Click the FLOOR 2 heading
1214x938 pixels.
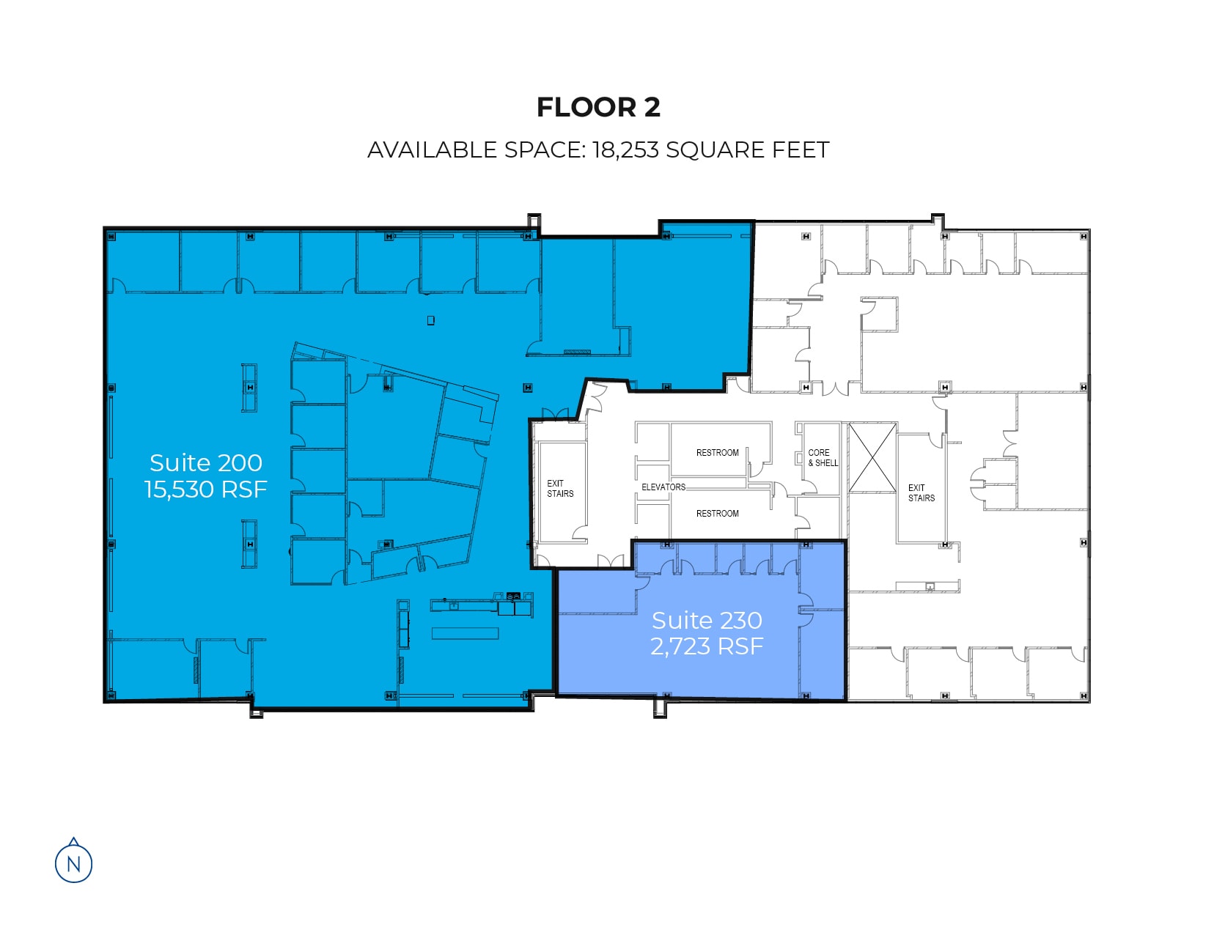click(597, 107)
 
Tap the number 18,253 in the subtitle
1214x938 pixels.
click(625, 150)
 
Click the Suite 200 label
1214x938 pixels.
click(205, 462)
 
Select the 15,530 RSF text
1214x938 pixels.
click(205, 489)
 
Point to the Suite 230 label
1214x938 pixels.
click(707, 620)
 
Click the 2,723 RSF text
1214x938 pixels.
click(707, 646)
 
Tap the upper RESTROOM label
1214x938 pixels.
click(718, 452)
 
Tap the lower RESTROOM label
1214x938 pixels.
click(718, 513)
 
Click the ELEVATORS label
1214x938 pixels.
click(663, 487)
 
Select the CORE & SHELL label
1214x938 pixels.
click(823, 457)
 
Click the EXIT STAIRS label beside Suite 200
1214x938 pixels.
click(560, 488)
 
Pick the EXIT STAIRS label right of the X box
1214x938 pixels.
click(921, 492)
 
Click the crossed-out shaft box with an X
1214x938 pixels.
click(872, 457)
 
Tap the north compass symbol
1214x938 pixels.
click(74, 860)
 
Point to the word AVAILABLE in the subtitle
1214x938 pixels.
click(432, 150)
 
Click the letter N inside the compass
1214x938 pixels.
click(74, 864)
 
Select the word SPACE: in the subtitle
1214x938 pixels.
click(545, 150)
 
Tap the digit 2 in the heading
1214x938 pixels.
click(652, 107)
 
